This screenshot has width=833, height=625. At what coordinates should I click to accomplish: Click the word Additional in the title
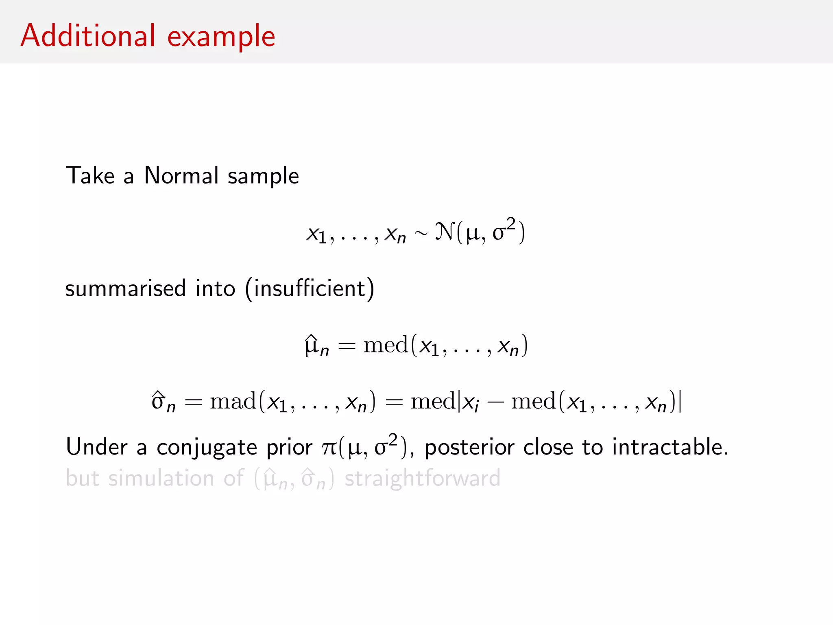point(88,36)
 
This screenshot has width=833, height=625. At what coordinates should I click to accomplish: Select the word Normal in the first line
point(181,176)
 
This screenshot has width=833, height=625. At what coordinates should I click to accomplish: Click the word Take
point(90,176)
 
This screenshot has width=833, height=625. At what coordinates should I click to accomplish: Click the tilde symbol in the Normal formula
point(421,233)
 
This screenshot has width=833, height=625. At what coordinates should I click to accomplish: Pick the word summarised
point(125,288)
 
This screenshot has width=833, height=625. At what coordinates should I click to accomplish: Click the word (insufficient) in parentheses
point(310,288)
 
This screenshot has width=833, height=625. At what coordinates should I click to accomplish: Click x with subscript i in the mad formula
point(471,403)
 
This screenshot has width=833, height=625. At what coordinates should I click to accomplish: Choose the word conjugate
point(207,448)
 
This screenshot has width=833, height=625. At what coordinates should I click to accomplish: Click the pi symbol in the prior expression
point(328,448)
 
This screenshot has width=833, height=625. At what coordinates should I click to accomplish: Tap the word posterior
point(469,448)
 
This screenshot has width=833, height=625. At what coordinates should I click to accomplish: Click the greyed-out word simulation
point(161,478)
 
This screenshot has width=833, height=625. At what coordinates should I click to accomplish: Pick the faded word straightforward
point(423,478)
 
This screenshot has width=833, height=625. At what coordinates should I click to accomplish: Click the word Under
point(97,447)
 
